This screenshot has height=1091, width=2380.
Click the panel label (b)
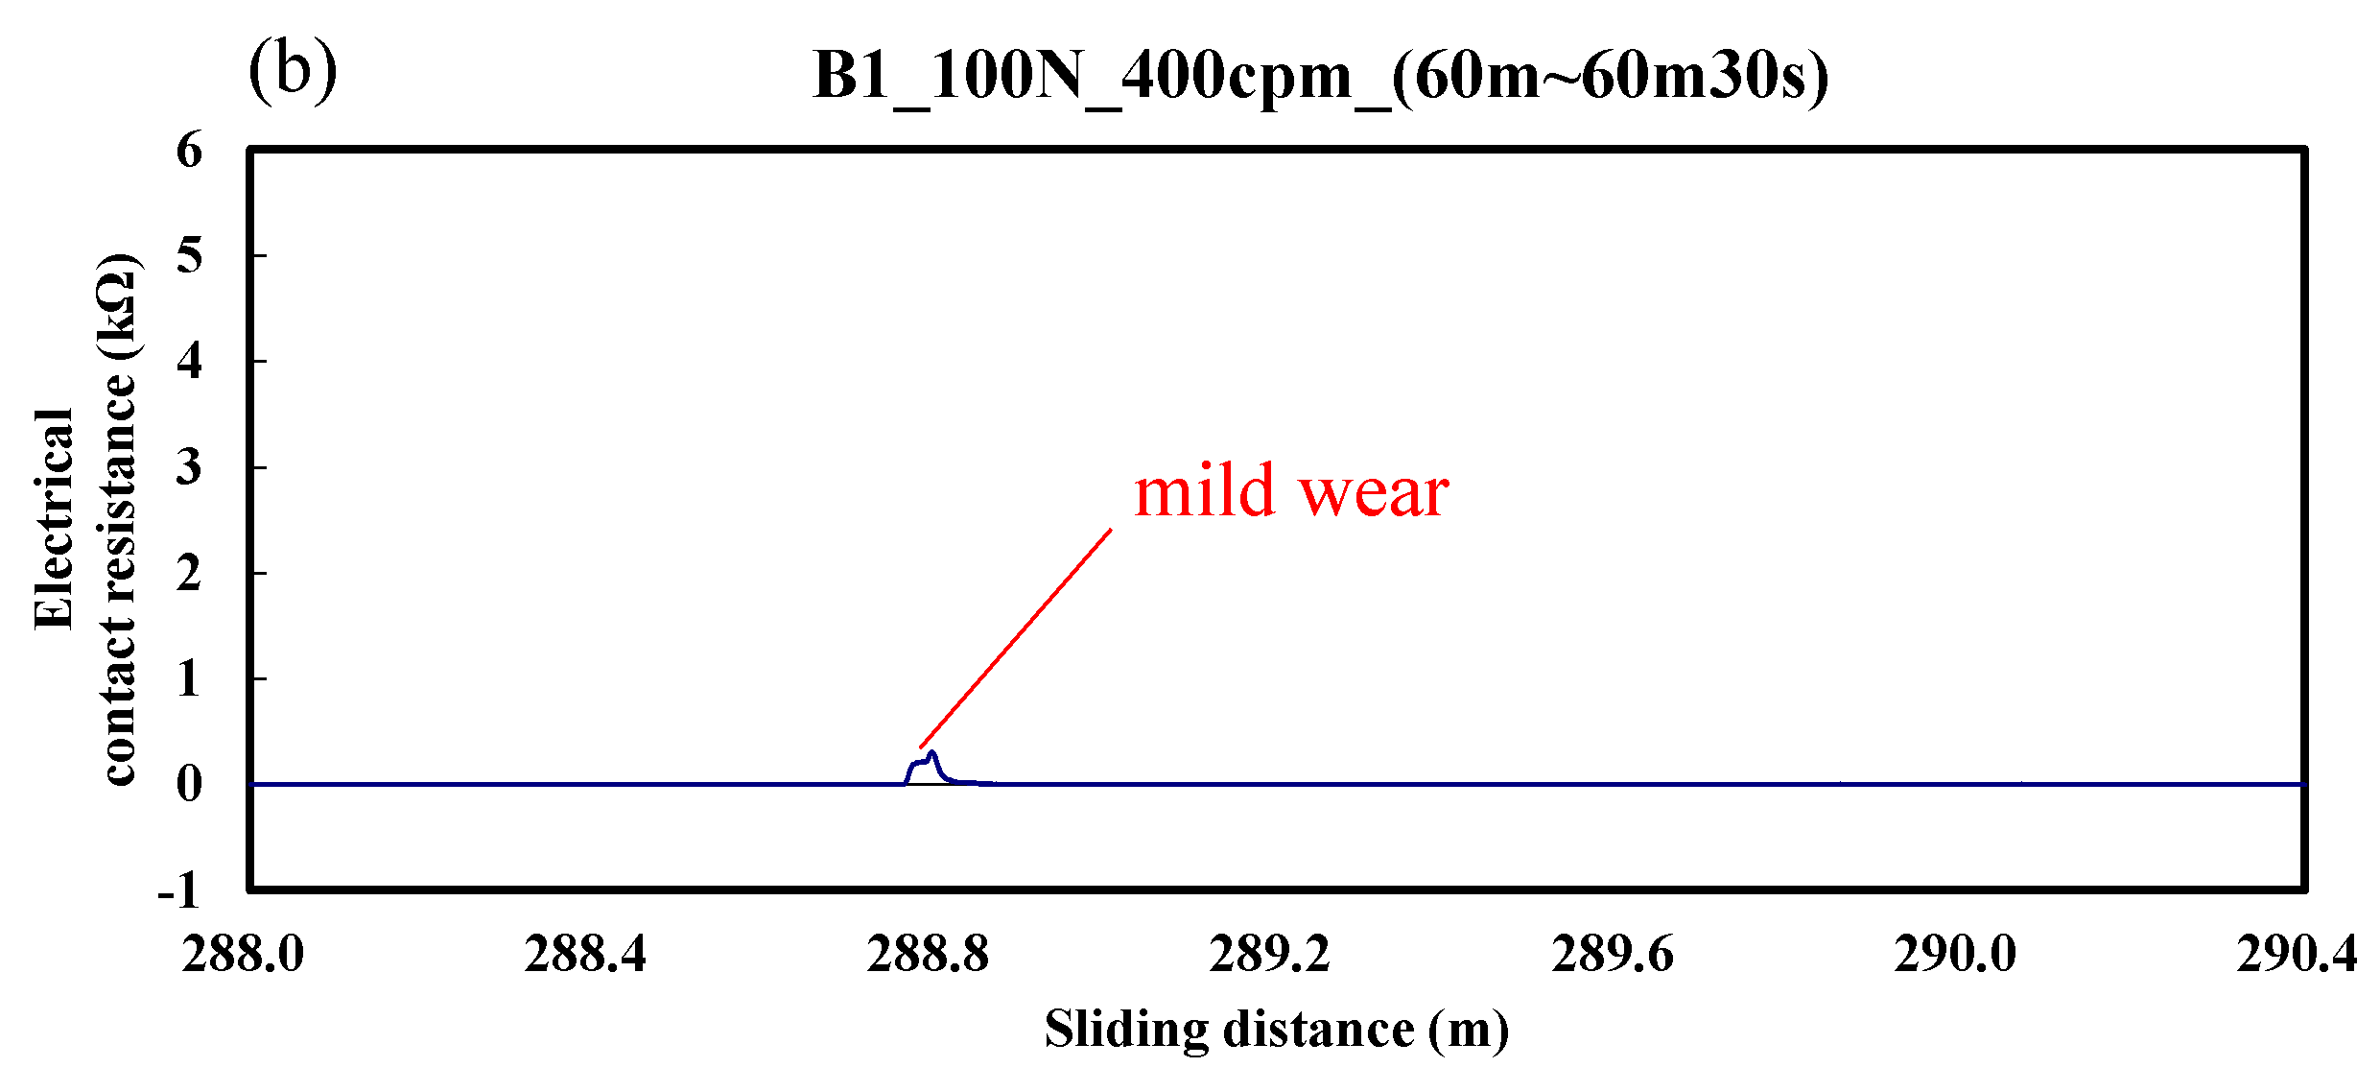[293, 72]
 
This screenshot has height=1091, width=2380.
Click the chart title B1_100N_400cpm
[1320, 75]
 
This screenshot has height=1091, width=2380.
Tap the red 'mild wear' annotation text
[1290, 491]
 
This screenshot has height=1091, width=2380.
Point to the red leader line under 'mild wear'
[1015, 637]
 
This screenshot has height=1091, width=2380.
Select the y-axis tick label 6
[190, 151]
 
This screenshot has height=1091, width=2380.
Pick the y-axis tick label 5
[190, 256]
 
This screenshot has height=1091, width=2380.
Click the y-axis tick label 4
[190, 362]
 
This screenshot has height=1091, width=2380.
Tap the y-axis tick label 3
[190, 467]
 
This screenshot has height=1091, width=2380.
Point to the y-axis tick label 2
[190, 574]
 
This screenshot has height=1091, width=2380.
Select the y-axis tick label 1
[190, 679]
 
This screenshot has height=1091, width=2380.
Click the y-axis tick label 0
[190, 785]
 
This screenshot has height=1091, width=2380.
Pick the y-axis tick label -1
[180, 890]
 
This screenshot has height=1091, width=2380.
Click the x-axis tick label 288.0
[243, 955]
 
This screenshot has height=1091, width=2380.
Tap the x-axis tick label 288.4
[585, 955]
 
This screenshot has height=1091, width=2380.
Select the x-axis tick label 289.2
[1270, 955]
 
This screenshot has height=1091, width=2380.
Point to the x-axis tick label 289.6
[1613, 955]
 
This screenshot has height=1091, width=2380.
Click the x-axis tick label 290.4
[2296, 955]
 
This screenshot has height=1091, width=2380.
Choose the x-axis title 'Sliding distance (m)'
[1276, 1030]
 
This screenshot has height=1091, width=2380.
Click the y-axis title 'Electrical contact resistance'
[86, 518]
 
